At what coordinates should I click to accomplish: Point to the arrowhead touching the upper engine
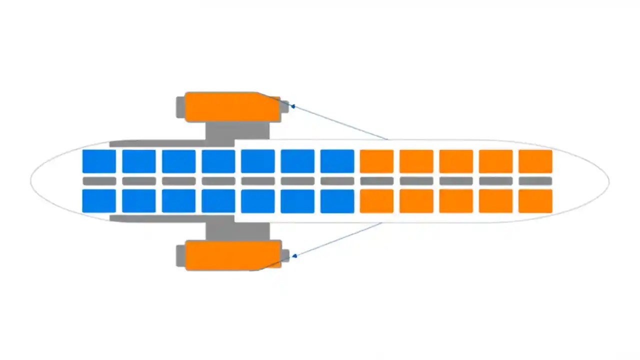293,106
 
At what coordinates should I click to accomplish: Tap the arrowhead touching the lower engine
294,255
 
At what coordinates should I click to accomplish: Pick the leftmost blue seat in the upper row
99,161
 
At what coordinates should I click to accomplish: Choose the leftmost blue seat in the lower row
99,200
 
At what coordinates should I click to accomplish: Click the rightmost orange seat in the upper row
535,161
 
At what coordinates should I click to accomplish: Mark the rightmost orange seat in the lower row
535,200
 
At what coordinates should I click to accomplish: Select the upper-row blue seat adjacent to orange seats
337,161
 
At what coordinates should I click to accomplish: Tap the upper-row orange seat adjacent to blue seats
376,161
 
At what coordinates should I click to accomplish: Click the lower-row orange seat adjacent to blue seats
376,200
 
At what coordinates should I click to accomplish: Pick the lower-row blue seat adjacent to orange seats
337,200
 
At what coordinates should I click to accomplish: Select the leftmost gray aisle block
99,181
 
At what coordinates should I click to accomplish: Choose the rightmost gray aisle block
535,181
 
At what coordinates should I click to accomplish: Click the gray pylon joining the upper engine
238,131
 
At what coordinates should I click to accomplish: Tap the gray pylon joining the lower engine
238,231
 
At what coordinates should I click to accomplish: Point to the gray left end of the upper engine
180,107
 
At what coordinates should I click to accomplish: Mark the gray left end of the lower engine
180,255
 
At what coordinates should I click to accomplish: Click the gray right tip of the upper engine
284,106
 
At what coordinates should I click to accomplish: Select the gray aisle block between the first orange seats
376,181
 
